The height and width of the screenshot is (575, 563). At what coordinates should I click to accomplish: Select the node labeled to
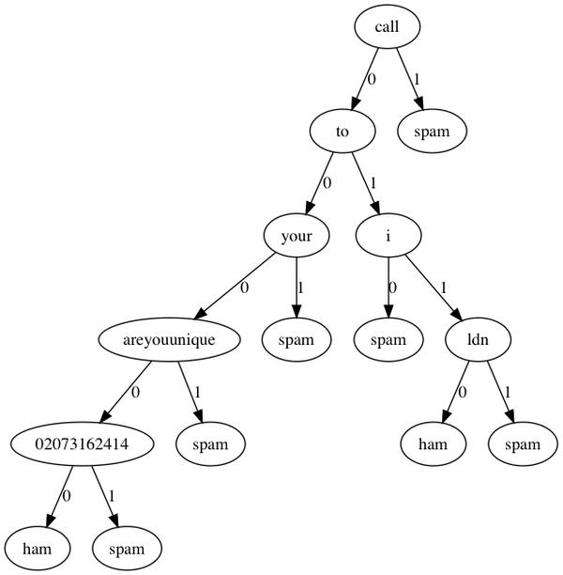tap(342, 131)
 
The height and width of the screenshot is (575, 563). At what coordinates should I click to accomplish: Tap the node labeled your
tap(297, 235)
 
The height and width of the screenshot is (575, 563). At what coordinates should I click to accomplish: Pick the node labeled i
tap(388, 235)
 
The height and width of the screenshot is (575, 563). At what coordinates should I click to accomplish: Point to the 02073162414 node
tap(82, 443)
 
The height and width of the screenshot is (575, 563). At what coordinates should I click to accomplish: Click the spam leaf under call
tap(432, 131)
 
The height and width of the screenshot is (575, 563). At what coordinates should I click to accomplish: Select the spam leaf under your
tap(302, 339)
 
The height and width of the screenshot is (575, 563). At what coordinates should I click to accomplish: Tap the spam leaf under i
tap(388, 339)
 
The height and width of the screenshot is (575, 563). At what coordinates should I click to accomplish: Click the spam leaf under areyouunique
tap(210, 443)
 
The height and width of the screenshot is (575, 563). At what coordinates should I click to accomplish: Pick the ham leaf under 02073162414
tap(36, 547)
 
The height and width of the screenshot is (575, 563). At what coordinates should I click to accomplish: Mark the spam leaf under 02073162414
tap(126, 547)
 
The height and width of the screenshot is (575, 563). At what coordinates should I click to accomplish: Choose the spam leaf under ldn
tap(521, 443)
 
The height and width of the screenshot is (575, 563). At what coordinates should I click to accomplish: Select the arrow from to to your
tap(319, 183)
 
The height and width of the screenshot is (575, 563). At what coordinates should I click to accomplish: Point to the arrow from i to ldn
tap(434, 287)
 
